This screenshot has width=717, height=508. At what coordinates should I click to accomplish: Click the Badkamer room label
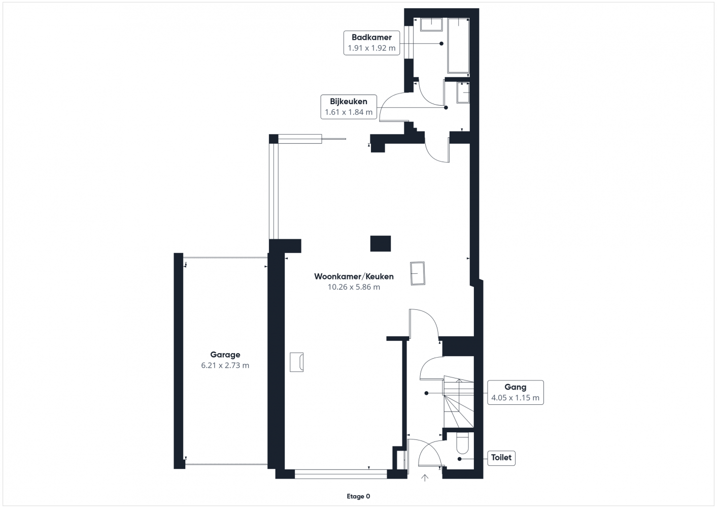371,37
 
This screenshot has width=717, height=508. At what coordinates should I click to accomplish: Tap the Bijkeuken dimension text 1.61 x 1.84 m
349,112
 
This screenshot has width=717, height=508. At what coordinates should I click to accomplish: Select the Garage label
225,355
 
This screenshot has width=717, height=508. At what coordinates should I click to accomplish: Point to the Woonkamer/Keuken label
354,276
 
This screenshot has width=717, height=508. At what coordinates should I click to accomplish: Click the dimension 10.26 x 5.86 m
354,287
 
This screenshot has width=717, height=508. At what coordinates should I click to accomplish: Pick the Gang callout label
516,387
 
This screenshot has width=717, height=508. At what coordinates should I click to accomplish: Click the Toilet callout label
501,457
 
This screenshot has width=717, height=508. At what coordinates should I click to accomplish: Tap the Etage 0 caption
358,496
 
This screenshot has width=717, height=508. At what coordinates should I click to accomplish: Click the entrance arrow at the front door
425,478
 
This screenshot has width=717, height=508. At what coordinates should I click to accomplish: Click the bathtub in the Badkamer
458,46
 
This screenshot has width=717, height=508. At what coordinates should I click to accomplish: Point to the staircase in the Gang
458,402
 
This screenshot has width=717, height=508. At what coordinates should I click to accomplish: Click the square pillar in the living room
381,243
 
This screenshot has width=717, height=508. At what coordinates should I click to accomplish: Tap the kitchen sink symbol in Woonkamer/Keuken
418,273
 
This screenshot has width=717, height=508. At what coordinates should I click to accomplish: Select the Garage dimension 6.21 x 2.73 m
225,365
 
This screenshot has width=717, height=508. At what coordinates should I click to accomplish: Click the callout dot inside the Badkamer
441,44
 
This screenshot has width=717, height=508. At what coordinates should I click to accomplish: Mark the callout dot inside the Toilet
460,459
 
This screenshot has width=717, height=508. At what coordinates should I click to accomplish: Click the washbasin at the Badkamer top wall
431,24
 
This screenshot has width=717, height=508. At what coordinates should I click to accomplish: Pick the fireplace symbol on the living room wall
297,362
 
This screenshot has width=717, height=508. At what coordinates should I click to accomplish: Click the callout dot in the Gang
426,393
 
